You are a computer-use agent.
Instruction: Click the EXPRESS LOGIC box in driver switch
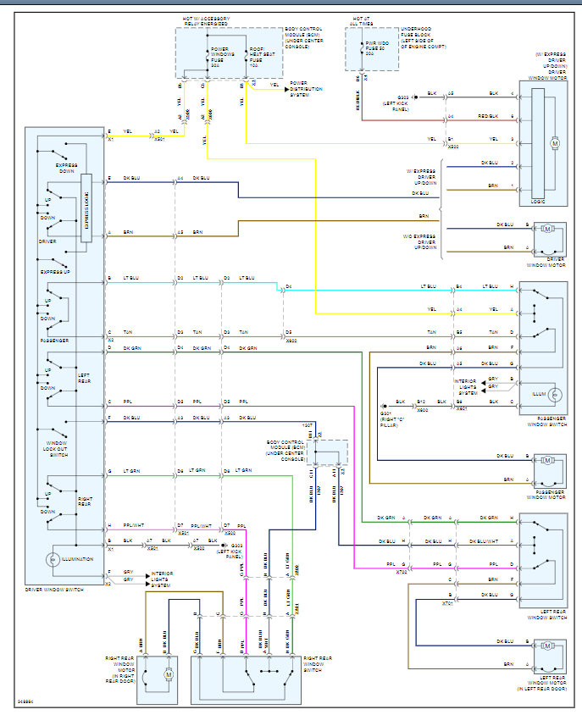click(x=86, y=208)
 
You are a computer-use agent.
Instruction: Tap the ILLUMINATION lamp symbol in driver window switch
click(x=53, y=559)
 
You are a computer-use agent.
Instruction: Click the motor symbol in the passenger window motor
click(x=546, y=461)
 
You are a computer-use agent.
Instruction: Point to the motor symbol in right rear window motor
click(x=168, y=673)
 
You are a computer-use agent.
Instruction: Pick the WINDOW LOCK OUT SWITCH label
click(x=57, y=446)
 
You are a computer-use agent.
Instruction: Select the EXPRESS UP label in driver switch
click(x=55, y=271)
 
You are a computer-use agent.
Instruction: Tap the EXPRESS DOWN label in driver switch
click(x=66, y=168)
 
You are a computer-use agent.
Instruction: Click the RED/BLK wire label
click(x=486, y=116)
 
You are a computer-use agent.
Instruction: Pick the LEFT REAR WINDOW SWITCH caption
click(x=545, y=618)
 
